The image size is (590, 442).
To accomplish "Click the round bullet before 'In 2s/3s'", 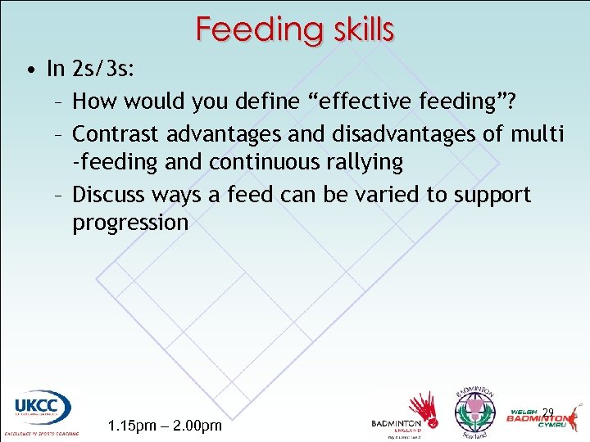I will click(29, 70).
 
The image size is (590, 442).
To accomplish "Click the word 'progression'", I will click(130, 223).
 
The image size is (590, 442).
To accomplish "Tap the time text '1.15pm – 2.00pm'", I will click(165, 426).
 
